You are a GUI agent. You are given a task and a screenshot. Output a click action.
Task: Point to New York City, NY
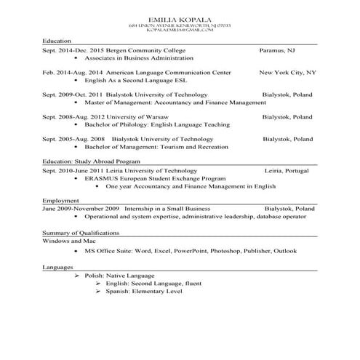click(287, 73)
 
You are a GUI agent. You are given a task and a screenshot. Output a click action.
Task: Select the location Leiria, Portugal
click(287, 170)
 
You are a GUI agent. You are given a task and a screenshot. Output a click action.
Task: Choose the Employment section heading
click(60, 200)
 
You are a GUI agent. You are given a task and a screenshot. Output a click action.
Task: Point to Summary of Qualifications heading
click(81, 233)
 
